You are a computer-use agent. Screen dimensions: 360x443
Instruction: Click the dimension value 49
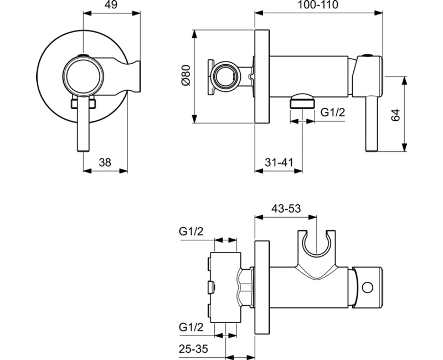coord(111,6)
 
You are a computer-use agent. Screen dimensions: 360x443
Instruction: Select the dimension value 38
coord(105,162)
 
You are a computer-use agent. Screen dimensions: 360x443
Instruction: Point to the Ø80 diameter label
coord(186,76)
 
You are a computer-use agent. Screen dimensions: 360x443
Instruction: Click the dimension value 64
coord(395,115)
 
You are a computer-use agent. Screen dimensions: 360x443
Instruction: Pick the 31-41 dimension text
coord(279,162)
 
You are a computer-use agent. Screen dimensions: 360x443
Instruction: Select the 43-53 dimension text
coord(286,209)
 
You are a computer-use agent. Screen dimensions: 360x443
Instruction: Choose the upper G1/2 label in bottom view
coord(191,232)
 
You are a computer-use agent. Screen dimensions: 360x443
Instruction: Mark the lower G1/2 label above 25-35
coord(191,327)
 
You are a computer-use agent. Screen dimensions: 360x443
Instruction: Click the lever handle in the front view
coord(83,128)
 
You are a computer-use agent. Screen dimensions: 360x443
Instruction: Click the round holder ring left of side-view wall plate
coord(227,75)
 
